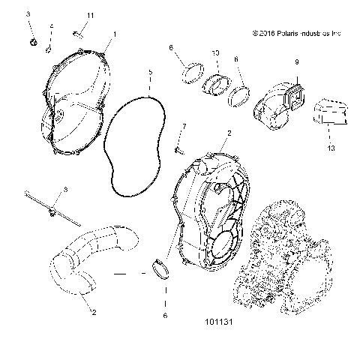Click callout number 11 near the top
point(90,16)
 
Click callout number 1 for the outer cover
point(115,34)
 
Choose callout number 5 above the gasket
point(150,73)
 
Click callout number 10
point(215,53)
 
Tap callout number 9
point(296,61)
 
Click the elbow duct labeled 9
point(278,105)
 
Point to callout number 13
point(331,148)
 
